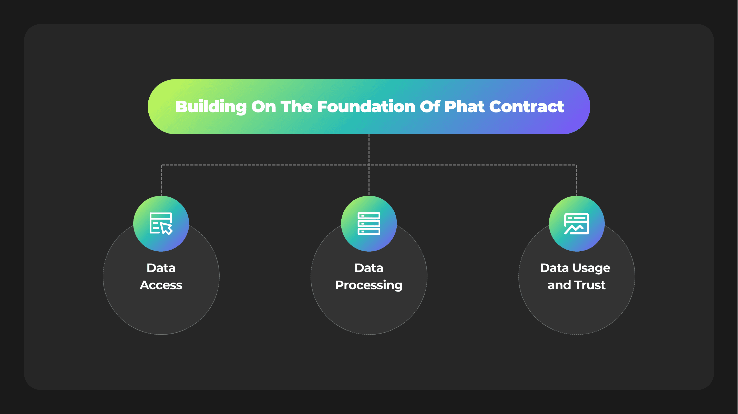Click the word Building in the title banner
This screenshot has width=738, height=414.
[x=211, y=107]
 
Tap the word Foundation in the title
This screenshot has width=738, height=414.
[x=366, y=107]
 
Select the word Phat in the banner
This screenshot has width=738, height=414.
[x=464, y=107]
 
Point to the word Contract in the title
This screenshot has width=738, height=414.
[x=526, y=107]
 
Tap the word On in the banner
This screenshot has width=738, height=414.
[x=263, y=107]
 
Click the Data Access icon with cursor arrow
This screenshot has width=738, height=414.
[x=161, y=223]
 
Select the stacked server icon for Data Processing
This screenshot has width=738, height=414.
[x=369, y=223]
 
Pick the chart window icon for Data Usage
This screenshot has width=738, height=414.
[x=576, y=223]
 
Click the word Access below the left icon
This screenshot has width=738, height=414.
[x=161, y=285]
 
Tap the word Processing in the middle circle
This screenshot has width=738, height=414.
[x=369, y=285]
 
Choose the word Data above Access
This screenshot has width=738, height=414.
[x=161, y=268]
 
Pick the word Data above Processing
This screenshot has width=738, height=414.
[x=369, y=268]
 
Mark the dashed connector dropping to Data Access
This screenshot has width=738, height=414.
[x=162, y=181]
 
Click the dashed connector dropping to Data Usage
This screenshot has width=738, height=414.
[x=576, y=181]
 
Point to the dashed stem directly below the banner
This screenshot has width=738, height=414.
[x=369, y=149]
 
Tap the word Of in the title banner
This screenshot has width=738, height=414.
[x=430, y=107]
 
